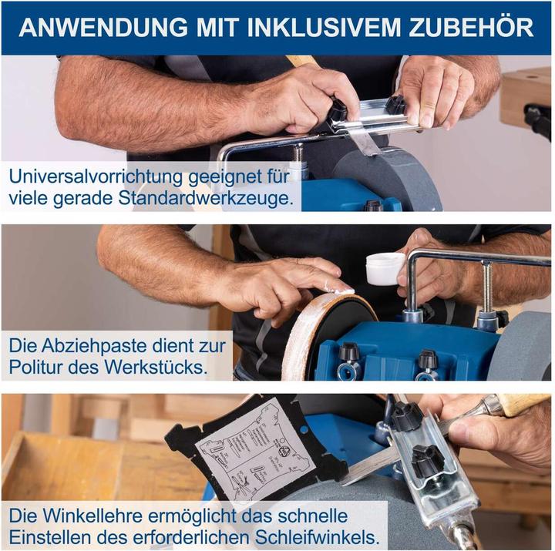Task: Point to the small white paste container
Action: (x=383, y=269)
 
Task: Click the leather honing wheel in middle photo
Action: (x=308, y=339)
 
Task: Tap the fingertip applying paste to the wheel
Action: (x=338, y=289)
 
